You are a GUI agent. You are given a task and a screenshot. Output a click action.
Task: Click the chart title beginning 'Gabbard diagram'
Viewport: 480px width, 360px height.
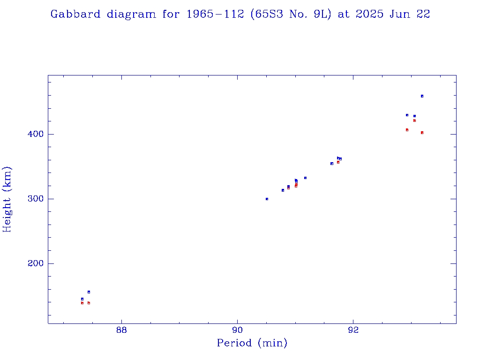click(240, 14)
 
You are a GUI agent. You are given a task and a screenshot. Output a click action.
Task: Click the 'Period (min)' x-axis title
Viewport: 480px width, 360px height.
click(252, 343)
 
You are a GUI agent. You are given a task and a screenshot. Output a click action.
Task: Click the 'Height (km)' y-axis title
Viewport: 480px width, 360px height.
click(7, 199)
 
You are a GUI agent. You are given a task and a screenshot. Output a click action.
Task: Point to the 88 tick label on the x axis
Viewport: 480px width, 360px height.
click(121, 330)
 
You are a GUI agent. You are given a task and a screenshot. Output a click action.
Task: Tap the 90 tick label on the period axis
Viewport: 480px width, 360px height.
click(237, 330)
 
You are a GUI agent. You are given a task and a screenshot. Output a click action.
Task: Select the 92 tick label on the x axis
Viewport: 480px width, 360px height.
click(353, 330)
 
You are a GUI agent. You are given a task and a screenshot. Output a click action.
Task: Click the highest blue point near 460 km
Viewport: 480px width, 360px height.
click(422, 96)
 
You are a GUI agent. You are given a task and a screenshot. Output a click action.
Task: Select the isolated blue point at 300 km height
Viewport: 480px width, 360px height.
click(267, 199)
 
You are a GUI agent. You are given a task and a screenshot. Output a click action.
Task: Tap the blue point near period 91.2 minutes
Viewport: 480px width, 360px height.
click(305, 178)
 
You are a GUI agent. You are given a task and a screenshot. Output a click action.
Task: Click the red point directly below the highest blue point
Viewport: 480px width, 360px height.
click(422, 133)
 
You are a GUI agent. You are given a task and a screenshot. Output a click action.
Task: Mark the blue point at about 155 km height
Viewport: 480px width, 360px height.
click(89, 292)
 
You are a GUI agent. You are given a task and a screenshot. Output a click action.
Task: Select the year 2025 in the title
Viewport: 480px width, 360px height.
click(370, 14)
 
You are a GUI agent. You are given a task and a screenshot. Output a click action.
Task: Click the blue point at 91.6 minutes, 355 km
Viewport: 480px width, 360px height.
click(331, 164)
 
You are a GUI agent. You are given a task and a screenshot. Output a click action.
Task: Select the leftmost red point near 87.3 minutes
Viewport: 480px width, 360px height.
click(82, 303)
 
